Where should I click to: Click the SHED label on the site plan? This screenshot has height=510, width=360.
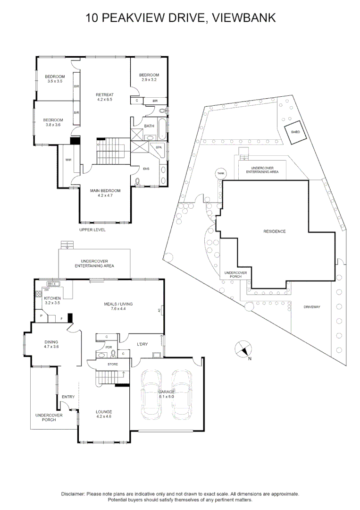295,132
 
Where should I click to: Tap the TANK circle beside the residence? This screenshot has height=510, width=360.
220,174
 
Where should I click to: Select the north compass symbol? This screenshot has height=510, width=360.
243,350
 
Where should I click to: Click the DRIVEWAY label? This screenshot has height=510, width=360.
312,307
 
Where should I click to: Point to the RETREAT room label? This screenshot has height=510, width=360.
105,94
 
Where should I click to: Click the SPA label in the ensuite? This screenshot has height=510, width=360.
159,148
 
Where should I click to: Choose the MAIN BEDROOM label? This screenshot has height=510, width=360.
105,191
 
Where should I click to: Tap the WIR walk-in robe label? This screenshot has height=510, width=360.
68,160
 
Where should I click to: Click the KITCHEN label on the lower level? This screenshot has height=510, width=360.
52,298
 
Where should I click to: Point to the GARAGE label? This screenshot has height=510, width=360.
166,392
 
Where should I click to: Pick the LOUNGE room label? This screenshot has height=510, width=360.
104,411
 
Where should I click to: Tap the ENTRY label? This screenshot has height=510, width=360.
68,397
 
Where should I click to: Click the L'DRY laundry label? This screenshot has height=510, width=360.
142,344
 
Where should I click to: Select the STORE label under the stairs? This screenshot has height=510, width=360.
113,365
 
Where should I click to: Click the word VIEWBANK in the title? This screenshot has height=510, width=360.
244,18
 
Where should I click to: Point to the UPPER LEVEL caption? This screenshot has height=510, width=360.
92,230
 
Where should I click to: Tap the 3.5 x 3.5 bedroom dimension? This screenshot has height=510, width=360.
55,81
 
